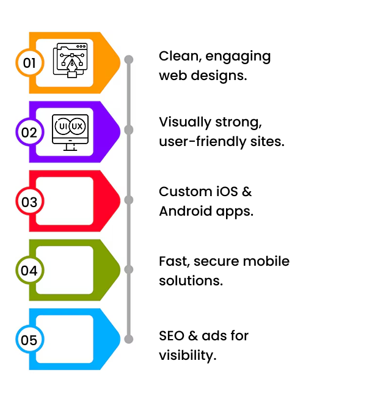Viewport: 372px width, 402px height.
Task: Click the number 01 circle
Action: pos(29,62)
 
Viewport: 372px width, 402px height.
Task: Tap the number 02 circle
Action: pos(29,132)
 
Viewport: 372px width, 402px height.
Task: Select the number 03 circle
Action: pos(29,201)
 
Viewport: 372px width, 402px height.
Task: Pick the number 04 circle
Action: pos(29,270)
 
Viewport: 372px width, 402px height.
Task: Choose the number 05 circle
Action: pos(29,340)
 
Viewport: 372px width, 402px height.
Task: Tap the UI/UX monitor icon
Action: pos(70,131)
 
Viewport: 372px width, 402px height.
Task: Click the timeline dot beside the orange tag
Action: pos(128,60)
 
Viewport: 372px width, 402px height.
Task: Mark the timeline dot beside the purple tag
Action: pos(128,130)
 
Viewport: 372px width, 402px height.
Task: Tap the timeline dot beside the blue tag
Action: pos(128,339)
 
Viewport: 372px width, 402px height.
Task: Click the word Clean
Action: pos(178,56)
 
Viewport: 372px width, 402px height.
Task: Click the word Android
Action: pos(184,211)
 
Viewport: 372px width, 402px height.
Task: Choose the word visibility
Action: pos(186,355)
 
